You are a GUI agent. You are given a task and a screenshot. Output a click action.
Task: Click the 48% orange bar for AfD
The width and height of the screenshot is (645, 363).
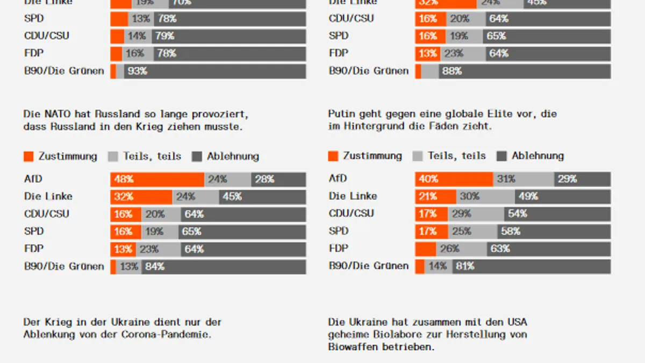pyautogui.click(x=157, y=179)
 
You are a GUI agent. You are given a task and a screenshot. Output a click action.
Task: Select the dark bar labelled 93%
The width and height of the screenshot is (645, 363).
pyautogui.click(x=214, y=71)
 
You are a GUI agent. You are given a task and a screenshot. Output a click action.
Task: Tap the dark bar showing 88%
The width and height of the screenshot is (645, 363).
pyautogui.click(x=525, y=71)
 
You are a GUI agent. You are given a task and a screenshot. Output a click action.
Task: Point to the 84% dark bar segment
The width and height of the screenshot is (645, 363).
pyautogui.click(x=224, y=266)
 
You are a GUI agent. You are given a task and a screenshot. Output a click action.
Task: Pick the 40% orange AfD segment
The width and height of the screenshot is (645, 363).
pyautogui.click(x=454, y=179)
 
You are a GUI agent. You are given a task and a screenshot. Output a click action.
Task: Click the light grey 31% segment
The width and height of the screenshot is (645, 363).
pyautogui.click(x=524, y=179)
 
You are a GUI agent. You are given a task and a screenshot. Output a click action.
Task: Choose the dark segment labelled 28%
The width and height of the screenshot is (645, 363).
pyautogui.click(x=278, y=179)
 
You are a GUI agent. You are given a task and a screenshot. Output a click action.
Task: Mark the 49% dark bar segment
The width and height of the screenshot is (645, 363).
pyautogui.click(x=563, y=196)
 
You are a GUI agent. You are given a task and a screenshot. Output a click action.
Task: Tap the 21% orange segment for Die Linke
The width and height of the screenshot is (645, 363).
pyautogui.click(x=435, y=196)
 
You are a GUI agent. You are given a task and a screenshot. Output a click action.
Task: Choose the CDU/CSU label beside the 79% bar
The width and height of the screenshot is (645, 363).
pyautogui.click(x=47, y=36)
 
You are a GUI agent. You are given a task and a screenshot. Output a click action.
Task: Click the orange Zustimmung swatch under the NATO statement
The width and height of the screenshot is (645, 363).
pyautogui.click(x=29, y=156)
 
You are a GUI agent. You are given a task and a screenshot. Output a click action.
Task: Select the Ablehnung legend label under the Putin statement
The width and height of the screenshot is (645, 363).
pyautogui.click(x=537, y=156)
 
